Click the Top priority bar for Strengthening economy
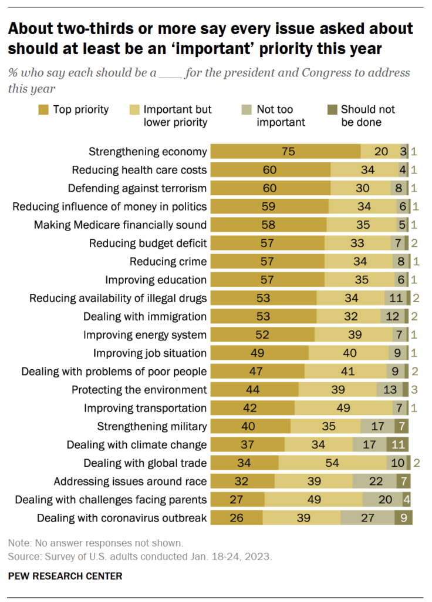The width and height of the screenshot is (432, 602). (x=286, y=152)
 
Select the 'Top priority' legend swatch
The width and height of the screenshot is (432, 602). (x=43, y=109)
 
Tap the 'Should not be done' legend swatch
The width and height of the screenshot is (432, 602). (x=332, y=109)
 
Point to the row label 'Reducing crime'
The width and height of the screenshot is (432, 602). (x=168, y=262)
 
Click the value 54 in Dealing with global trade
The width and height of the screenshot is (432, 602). (x=332, y=463)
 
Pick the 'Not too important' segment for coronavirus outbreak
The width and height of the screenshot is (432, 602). (x=367, y=518)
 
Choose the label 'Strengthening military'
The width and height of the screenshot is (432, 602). (x=152, y=426)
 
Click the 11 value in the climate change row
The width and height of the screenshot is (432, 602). (x=397, y=444)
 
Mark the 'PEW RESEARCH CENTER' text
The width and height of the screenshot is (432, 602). (x=65, y=576)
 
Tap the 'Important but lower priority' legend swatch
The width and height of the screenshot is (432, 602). (x=133, y=109)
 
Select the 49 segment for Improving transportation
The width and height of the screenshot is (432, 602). (x=343, y=408)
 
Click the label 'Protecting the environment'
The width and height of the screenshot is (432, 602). (x=139, y=390)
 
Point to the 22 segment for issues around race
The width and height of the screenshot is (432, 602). (x=374, y=481)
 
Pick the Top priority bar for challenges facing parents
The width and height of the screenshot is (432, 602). (x=237, y=500)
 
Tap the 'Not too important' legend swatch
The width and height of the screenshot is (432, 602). (x=247, y=109)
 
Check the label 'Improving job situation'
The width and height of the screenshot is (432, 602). (x=150, y=353)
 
